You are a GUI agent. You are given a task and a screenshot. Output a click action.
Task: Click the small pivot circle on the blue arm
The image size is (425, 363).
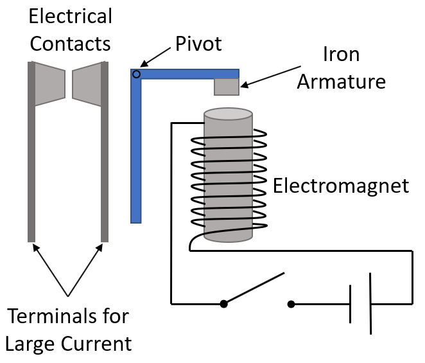pyautogui.click(x=136, y=75)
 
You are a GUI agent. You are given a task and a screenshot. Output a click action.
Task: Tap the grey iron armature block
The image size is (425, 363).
pyautogui.click(x=226, y=86)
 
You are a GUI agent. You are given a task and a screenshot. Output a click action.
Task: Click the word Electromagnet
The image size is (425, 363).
pyautogui.click(x=341, y=186)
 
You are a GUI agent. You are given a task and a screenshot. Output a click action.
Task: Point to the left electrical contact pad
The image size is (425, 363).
pyautogui.click(x=49, y=84)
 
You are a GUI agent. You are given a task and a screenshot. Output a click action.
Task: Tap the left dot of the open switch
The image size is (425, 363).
pyautogui.click(x=223, y=303)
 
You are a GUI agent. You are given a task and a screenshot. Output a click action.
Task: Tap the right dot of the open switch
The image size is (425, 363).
pyautogui.click(x=291, y=303)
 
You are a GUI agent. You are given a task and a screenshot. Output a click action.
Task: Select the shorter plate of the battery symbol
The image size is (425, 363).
pyautogui.click(x=351, y=303)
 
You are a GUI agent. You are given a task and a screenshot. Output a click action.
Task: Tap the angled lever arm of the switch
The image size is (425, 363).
pyautogui.click(x=254, y=288)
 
